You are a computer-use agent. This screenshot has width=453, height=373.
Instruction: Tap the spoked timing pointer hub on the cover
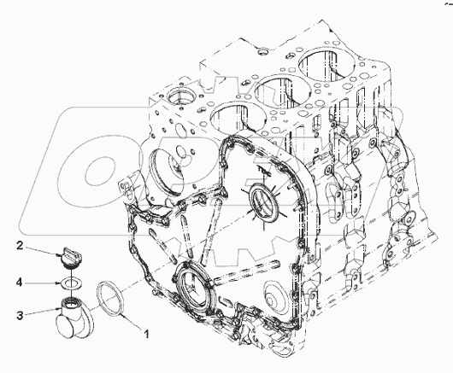pos(262,203)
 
